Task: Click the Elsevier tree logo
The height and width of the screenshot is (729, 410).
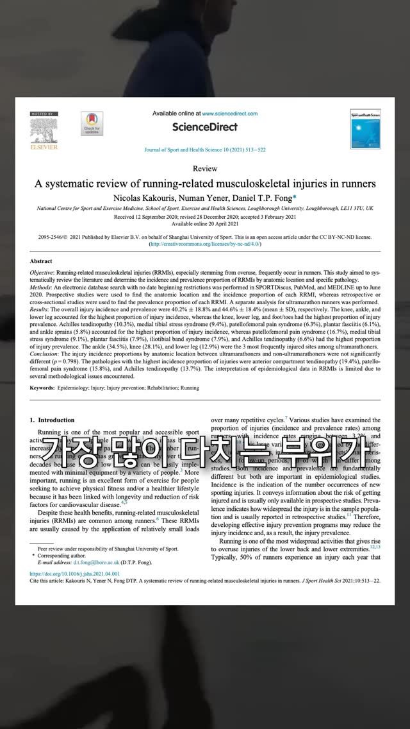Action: [44, 130]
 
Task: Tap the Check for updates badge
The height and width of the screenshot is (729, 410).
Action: [92, 123]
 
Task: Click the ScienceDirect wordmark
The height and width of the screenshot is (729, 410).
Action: [204, 127]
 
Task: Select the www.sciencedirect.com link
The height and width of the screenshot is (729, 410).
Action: [229, 114]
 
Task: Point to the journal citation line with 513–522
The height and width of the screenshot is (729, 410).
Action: [204, 150]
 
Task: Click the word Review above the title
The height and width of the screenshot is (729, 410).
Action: [204, 169]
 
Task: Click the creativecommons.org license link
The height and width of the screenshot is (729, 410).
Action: [204, 244]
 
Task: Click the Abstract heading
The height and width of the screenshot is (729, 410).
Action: [41, 262]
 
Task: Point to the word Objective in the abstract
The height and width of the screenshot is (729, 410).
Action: [44, 273]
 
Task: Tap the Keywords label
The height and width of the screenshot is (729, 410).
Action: [42, 388]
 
